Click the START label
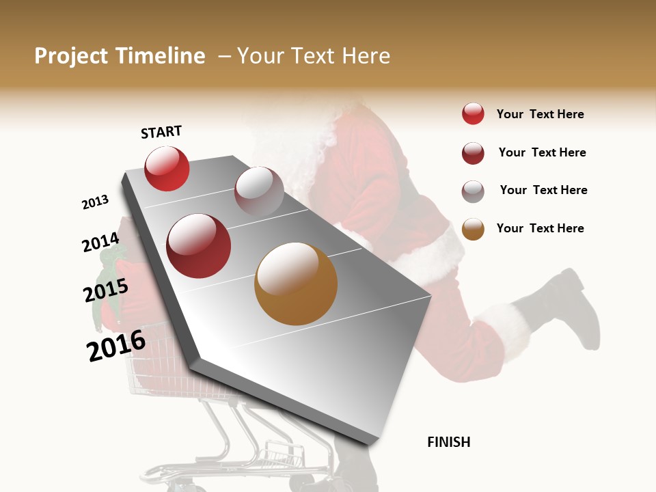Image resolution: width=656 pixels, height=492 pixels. click(161, 132)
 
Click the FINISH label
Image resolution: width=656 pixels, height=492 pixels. click(449, 442)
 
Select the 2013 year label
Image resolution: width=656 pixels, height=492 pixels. click(96, 202)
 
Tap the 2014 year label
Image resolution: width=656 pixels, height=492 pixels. click(100, 243)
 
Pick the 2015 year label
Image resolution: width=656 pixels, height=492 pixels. click(105, 292)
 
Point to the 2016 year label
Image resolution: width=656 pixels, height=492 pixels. click(116, 346)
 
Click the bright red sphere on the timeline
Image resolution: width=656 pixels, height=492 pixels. click(167, 168)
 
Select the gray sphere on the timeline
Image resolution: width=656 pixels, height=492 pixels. click(259, 191)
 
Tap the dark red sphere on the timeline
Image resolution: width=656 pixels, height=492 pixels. click(199, 245)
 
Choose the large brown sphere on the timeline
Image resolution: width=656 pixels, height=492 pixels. click(296, 284)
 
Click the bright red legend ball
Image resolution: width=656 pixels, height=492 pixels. click(473, 114)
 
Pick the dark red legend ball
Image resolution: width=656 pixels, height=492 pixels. click(473, 153)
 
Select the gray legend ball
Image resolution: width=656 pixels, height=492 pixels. click(473, 191)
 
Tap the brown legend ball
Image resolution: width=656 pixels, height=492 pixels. click(473, 229)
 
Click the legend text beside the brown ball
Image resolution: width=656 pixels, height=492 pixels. click(540, 228)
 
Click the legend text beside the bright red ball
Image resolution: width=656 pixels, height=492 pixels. click(540, 114)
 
